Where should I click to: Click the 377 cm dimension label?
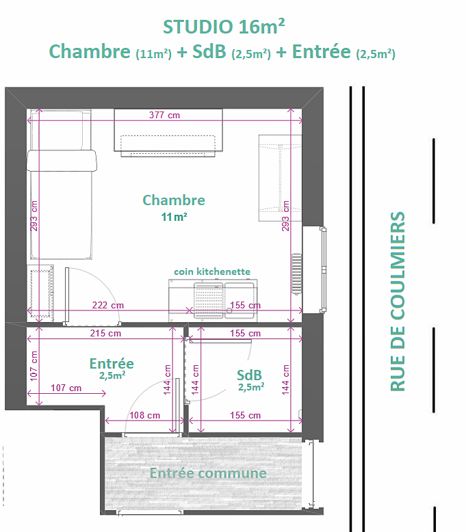[164, 115]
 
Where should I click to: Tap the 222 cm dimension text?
[108, 305]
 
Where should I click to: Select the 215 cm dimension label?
[105, 333]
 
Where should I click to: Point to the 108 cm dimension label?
[144, 415]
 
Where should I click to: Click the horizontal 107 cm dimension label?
[66, 388]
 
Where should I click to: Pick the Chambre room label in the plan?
[174, 200]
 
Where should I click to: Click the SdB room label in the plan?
[250, 375]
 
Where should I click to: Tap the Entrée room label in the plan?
[112, 364]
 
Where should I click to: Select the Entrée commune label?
[208, 473]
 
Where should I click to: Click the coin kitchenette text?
[212, 271]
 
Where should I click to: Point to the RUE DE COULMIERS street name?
[398, 302]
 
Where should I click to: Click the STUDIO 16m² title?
[224, 27]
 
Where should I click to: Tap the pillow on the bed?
[62, 160]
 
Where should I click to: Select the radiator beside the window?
[296, 274]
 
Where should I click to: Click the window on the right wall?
[324, 269]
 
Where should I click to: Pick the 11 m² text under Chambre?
[174, 217]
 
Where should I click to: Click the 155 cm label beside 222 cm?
[246, 305]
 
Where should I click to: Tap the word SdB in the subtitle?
[209, 51]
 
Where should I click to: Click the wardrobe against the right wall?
[280, 178]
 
